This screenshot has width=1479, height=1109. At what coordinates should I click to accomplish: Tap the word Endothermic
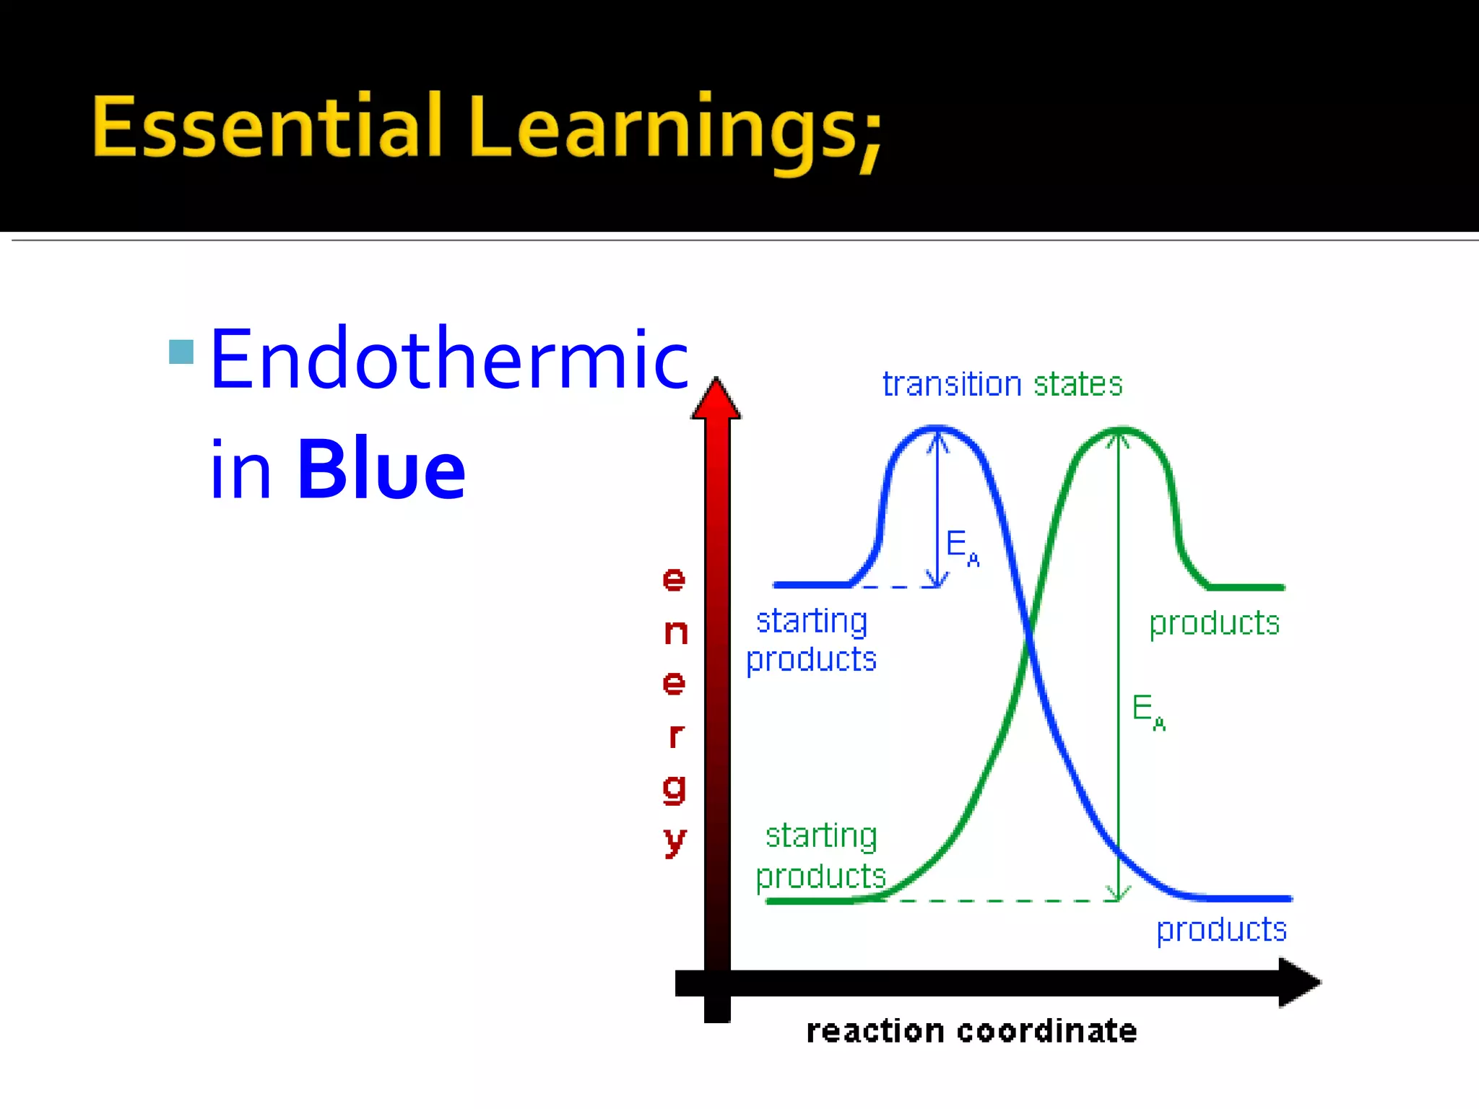coord(449,359)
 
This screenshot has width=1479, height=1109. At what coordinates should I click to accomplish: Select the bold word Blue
coord(381,469)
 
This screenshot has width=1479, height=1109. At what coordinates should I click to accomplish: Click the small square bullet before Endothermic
coord(181,352)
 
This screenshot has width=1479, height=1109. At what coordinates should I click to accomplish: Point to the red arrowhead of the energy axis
coord(716,399)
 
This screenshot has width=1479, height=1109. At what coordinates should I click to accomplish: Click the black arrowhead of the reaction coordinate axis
coord(1298,982)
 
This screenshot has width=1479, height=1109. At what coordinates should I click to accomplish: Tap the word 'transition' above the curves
coord(951,384)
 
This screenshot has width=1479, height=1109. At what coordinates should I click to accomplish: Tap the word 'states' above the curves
coord(1077,384)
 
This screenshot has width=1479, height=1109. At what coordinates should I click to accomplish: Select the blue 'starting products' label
coord(811,640)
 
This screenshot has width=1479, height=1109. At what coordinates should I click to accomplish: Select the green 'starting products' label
coord(821,856)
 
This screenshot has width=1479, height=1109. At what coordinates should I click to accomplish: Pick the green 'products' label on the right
coord(1214,623)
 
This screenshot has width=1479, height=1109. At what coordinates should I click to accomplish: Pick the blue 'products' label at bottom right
coord(1221,929)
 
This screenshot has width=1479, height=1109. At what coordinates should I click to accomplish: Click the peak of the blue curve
coord(937,429)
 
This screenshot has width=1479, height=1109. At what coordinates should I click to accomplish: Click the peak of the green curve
coord(1119,431)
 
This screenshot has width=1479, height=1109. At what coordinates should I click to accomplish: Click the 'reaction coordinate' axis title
coord(971,1031)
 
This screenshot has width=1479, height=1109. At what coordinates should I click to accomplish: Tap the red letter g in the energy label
coord(674,788)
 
